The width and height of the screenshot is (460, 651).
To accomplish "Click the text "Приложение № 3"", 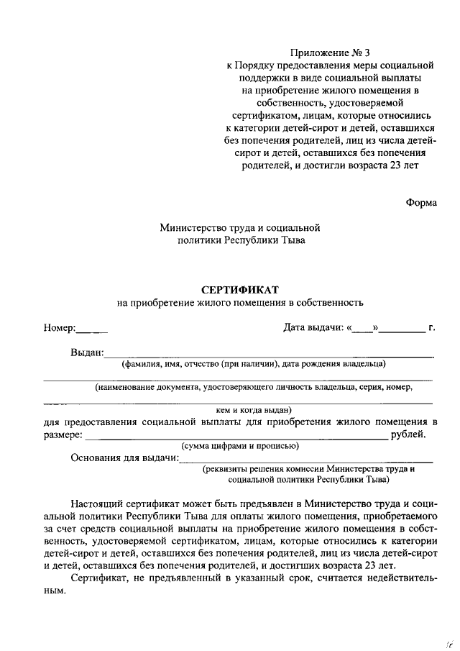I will (x=329, y=53).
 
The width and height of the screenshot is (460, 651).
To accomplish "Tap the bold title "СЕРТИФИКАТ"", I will (x=239, y=290).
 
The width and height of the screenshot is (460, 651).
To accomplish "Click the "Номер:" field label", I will (x=59, y=328).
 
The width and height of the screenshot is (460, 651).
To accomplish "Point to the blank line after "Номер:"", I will (x=92, y=332).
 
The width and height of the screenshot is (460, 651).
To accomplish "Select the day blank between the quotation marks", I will (x=363, y=330).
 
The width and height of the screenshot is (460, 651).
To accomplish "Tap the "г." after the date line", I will (x=431, y=328).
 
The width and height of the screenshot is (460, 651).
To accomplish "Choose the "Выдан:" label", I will (x=87, y=352).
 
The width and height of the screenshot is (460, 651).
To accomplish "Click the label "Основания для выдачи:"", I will (x=124, y=458).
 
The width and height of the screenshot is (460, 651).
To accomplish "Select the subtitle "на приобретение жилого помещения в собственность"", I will (x=240, y=303).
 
